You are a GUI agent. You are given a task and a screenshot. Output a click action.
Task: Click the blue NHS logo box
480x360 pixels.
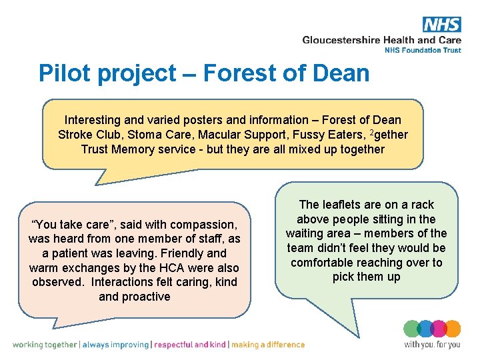point(441,25)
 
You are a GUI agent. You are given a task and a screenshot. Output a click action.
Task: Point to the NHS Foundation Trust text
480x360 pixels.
point(423,50)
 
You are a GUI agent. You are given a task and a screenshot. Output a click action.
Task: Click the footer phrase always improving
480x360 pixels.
point(117,345)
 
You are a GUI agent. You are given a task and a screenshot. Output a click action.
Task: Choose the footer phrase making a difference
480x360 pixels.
point(268,345)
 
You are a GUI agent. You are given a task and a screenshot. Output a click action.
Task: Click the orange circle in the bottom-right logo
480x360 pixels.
point(453,329)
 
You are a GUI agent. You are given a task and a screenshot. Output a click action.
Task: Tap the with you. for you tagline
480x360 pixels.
point(432,345)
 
